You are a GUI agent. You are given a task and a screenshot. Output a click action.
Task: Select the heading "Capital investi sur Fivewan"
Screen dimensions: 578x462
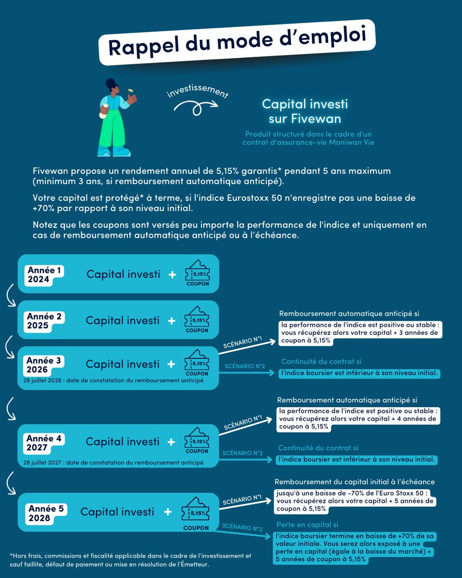pyautogui.click(x=304, y=111)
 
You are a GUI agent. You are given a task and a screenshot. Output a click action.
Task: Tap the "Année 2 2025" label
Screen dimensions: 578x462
pyautogui.click(x=44, y=321)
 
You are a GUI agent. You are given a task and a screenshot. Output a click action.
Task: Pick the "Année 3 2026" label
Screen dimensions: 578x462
pyautogui.click(x=44, y=365)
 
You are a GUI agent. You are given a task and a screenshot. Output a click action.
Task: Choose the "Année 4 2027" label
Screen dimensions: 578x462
pyautogui.click(x=44, y=443)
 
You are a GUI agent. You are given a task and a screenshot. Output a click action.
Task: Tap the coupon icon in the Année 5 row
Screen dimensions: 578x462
pyautogui.click(x=196, y=513)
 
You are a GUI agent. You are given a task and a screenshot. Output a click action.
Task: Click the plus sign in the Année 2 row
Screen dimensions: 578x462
pyautogui.click(x=171, y=320)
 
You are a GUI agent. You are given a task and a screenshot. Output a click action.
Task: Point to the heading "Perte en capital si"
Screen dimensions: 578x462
pyautogui.click(x=310, y=525)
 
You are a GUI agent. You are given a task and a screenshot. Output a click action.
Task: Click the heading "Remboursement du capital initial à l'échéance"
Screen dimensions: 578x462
pyautogui.click(x=355, y=482)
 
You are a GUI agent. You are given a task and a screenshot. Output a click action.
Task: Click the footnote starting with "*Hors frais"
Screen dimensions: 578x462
pyautogui.click(x=130, y=559)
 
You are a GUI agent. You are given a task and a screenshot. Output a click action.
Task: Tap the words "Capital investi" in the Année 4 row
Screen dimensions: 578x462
pyautogui.click(x=122, y=441)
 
